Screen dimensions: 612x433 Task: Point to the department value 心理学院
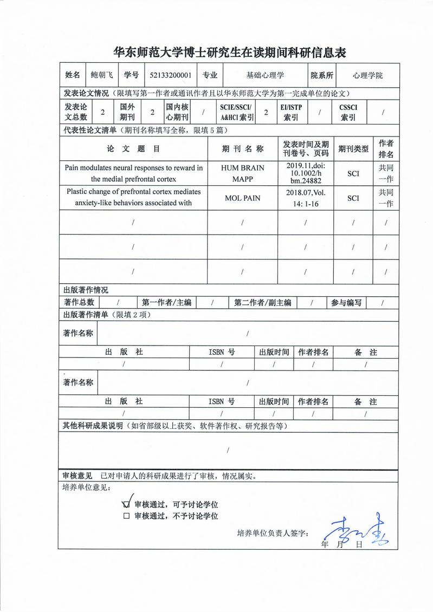coord(367,75)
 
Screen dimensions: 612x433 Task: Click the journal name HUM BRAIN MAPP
coord(242,173)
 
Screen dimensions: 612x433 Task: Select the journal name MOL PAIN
coord(242,198)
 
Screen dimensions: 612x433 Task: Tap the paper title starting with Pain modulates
coord(133,173)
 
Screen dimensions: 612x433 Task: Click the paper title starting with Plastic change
coord(133,198)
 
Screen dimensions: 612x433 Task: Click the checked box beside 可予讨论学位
coord(127,503)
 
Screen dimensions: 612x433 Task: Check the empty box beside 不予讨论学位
coord(127,516)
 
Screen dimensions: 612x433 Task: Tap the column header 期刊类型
coord(353,148)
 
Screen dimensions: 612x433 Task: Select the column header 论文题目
coord(133,148)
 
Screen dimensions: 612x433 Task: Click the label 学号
coord(131,75)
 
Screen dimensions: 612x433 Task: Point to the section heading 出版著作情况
coord(86,290)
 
